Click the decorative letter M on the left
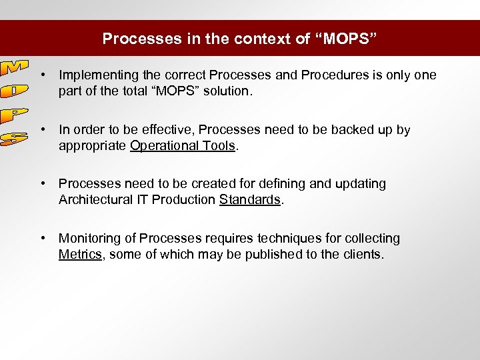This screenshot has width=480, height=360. [13, 68]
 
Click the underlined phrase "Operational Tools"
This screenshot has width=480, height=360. [183, 146]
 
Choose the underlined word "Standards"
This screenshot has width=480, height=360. [249, 200]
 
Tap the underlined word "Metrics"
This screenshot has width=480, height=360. [79, 255]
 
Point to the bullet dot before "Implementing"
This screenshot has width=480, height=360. [42, 75]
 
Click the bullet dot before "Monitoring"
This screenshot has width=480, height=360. [42, 239]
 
